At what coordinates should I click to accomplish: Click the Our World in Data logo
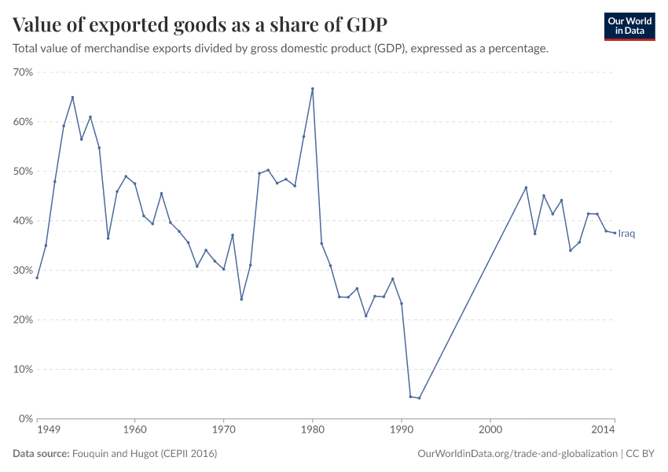tap(629, 26)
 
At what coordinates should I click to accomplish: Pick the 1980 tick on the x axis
tap(313, 431)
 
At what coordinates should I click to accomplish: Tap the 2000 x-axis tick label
tap(490, 431)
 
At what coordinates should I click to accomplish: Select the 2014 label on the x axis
tap(604, 431)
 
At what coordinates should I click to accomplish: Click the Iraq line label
tap(626, 234)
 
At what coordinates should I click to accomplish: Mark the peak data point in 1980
tap(313, 89)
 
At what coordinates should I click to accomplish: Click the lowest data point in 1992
tap(419, 398)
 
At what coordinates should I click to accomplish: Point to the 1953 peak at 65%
tap(72, 98)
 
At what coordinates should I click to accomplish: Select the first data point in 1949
tap(37, 278)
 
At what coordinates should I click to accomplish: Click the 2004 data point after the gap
tap(526, 187)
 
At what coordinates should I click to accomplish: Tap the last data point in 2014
tap(615, 233)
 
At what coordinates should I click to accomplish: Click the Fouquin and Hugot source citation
tap(144, 454)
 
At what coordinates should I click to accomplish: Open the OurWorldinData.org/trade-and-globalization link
tap(518, 454)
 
